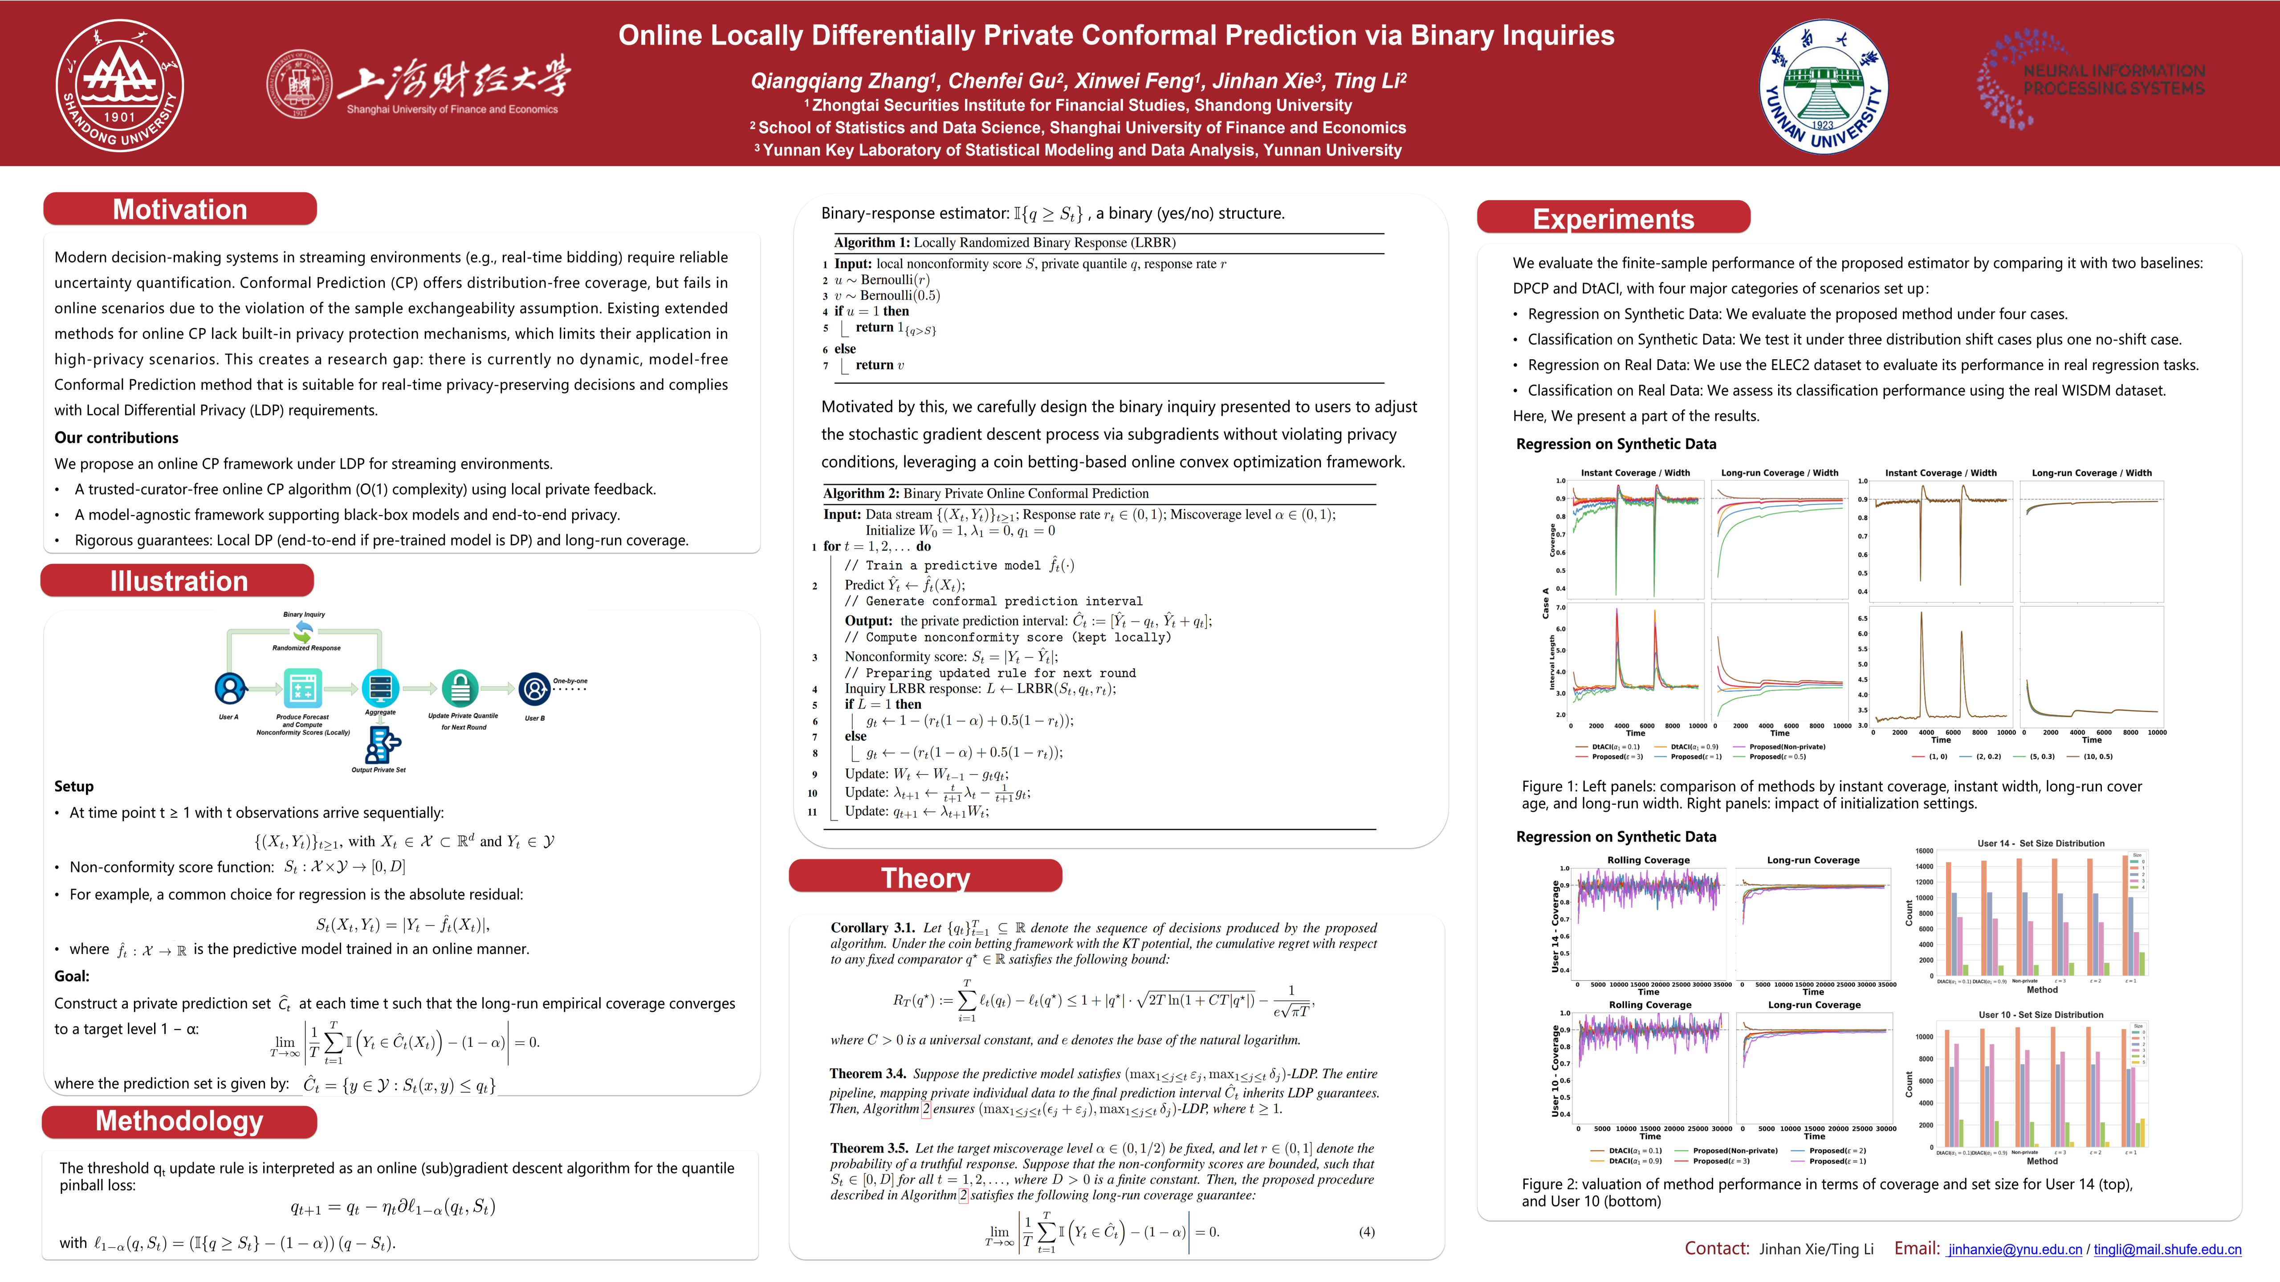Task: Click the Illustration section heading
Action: click(x=178, y=581)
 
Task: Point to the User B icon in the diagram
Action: click(x=534, y=688)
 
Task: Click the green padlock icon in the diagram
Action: click(x=460, y=687)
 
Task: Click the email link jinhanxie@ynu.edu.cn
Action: click(x=2015, y=1249)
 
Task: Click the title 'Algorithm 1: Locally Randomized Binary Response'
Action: click(x=1005, y=243)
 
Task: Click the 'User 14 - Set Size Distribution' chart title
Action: click(x=2040, y=843)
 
